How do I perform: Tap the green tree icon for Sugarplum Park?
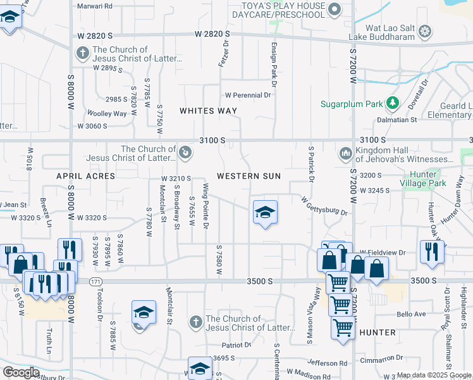[x=393, y=102]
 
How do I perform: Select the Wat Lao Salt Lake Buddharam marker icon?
[x=426, y=31]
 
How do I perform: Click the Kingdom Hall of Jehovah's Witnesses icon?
[x=345, y=153]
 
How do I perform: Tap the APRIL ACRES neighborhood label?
[x=86, y=175]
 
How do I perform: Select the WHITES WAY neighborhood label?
[x=208, y=111]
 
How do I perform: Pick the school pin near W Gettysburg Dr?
[x=265, y=212]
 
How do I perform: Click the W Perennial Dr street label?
[x=248, y=95]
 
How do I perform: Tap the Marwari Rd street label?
[x=94, y=6]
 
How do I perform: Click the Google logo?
[x=21, y=372]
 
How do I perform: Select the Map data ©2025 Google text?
[x=433, y=375]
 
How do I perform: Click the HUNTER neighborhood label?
[x=377, y=332]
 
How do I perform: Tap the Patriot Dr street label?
[x=236, y=345]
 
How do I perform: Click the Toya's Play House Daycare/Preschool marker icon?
[x=335, y=9]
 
